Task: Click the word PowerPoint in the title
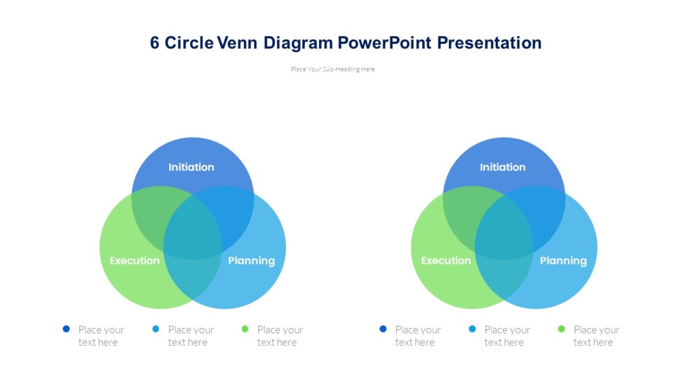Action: [x=385, y=43]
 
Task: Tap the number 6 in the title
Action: [x=155, y=43]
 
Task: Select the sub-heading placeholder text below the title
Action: [x=333, y=69]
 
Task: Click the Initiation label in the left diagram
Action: [x=191, y=167]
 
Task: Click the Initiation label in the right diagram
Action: [x=502, y=167]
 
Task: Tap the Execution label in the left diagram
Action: [x=134, y=260]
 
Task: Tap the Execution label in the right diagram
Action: [x=446, y=260]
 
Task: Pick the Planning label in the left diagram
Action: [x=251, y=260]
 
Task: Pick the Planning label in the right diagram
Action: [x=563, y=260]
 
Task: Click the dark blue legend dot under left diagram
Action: [x=66, y=329]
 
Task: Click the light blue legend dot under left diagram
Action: [x=156, y=329]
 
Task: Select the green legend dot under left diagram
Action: [x=245, y=329]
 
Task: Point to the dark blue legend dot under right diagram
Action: [x=383, y=329]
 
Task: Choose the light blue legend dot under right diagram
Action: [x=472, y=329]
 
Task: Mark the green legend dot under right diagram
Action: [x=562, y=329]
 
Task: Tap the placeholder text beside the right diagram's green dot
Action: [x=596, y=336]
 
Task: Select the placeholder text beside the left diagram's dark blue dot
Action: [x=101, y=336]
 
